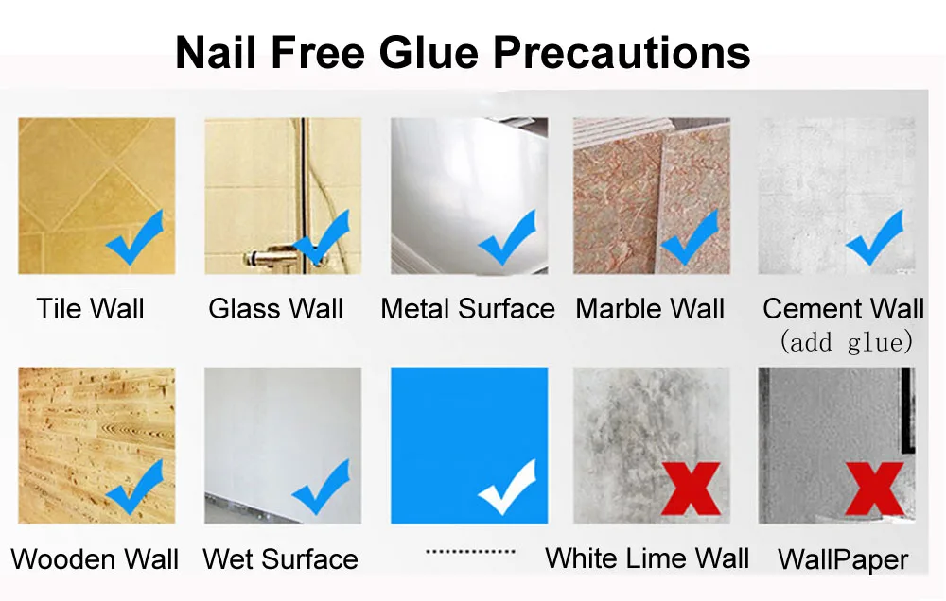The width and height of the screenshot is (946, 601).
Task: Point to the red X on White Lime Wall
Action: (691, 489)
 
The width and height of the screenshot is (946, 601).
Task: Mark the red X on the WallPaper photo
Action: (875, 489)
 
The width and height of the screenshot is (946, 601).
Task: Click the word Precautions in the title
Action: (622, 52)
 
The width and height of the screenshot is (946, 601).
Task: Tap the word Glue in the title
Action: (429, 52)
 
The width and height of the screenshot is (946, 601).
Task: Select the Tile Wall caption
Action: (91, 309)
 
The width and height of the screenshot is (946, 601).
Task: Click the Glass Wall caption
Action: (275, 309)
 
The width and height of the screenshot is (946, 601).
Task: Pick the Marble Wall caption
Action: (650, 309)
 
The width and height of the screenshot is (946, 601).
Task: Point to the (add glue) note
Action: (846, 342)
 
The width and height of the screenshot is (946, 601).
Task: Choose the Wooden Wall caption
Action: (95, 558)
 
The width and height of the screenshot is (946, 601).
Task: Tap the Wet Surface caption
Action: (281, 558)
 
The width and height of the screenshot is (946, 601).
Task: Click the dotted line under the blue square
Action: (470, 551)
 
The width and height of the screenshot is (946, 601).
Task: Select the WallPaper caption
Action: (843, 559)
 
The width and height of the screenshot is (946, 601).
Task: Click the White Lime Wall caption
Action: (647, 558)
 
